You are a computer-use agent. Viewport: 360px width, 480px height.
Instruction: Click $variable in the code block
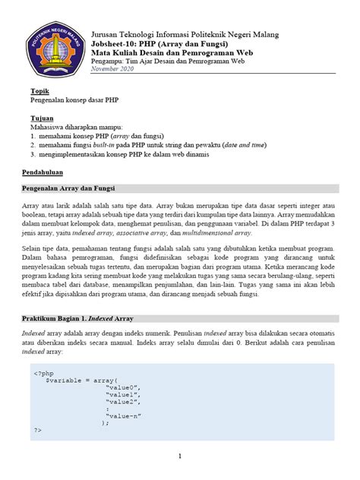tap(65, 380)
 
